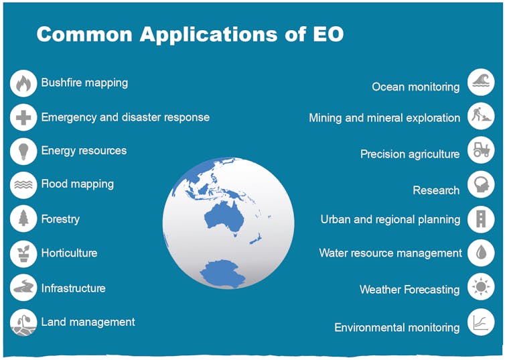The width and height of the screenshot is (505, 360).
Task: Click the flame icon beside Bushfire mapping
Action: point(23,84)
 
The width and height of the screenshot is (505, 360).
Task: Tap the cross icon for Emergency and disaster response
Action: point(23,118)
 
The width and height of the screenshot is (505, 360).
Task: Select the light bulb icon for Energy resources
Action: point(23,152)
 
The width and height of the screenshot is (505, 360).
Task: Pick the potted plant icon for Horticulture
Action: point(23,253)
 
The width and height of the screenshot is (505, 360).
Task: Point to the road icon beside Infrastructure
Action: point(23,288)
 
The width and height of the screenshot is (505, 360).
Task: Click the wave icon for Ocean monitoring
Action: point(480,82)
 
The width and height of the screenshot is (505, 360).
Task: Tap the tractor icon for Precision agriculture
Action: point(480,149)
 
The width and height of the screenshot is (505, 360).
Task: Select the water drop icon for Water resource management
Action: point(480,253)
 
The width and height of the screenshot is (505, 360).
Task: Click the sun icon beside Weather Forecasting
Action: point(480,288)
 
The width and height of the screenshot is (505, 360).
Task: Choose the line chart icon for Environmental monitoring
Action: point(480,322)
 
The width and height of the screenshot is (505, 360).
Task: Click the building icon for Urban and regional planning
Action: point(480,219)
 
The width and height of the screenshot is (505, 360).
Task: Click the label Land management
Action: point(88,322)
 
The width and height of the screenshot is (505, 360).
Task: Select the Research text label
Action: point(436,190)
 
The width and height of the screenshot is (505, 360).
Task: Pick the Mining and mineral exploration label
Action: point(384,118)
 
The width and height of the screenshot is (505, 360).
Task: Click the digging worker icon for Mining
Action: point(480,115)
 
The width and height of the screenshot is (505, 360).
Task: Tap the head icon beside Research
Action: point(480,185)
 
